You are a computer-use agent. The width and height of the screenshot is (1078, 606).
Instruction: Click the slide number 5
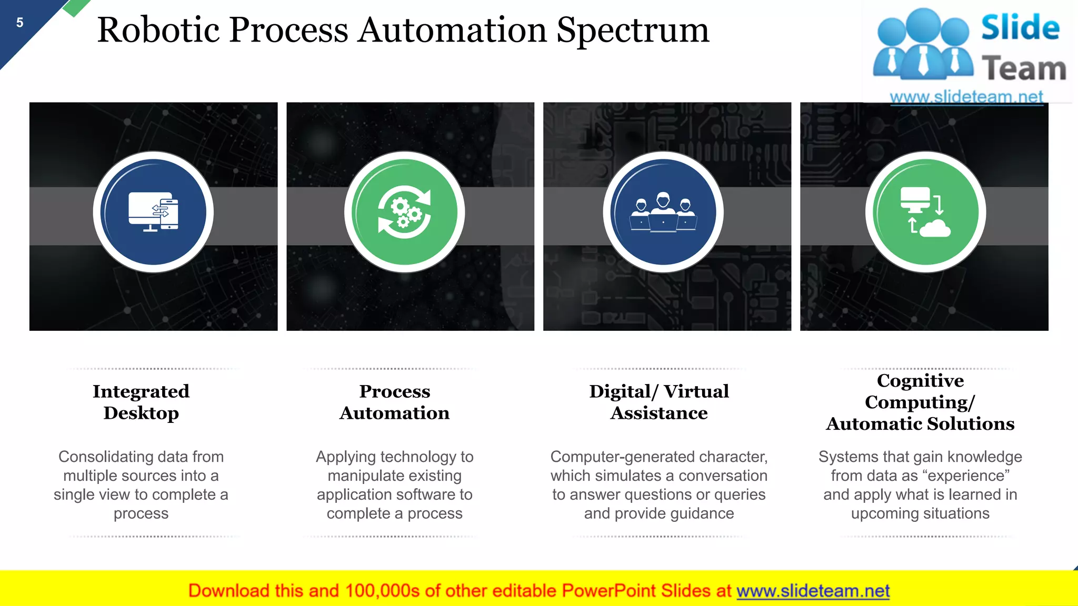20,23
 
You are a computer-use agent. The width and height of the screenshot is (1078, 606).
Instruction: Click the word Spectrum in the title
633,31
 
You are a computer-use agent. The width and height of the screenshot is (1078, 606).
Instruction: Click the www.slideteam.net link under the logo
966,97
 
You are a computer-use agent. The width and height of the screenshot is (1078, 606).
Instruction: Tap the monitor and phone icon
153,212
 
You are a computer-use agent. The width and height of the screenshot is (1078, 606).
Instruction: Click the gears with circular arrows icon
404,212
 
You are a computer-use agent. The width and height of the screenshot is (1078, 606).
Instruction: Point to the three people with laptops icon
663,212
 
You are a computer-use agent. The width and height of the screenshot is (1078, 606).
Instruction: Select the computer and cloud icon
925,212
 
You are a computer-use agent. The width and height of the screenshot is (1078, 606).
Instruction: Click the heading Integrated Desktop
141,402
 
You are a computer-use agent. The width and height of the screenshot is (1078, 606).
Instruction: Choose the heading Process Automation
395,402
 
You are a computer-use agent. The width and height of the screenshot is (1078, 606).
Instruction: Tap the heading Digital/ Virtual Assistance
659,402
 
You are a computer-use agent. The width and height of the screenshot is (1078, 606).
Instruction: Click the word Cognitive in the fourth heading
920,380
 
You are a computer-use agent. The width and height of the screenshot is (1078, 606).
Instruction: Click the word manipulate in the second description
361,476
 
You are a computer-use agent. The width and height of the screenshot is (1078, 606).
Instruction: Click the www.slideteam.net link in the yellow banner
813,591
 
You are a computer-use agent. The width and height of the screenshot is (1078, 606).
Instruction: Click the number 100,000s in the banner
382,591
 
